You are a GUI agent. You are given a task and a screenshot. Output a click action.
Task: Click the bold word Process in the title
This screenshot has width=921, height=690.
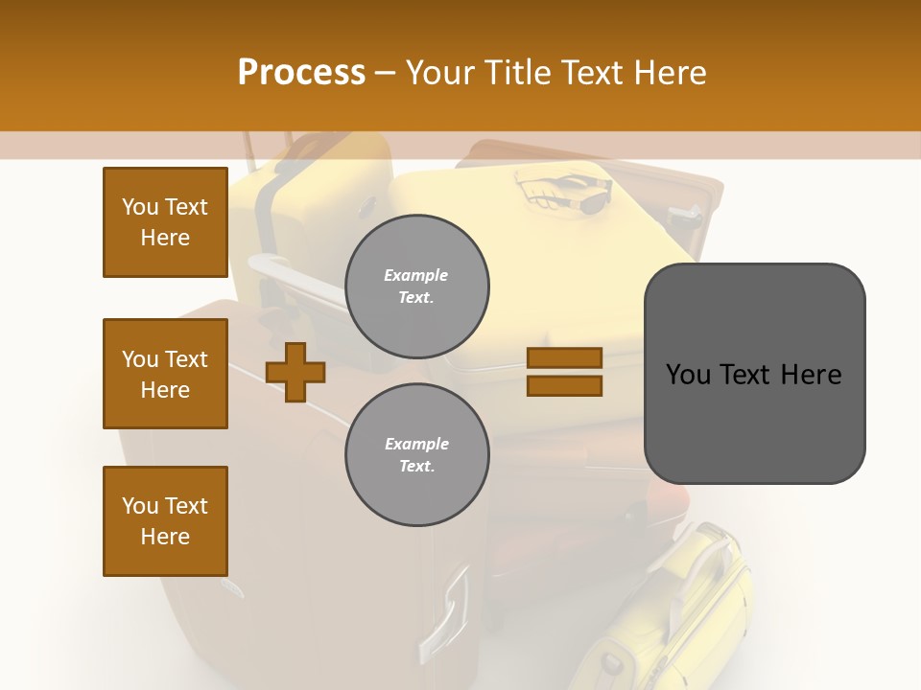point(301,73)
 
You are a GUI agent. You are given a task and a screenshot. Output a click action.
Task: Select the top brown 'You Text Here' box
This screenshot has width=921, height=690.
point(165,222)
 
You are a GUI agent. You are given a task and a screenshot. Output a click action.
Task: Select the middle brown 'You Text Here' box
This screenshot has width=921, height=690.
point(165,374)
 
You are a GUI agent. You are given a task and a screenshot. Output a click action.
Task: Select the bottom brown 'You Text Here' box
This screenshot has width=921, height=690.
point(165,521)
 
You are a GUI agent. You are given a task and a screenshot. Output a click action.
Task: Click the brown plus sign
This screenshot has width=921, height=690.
point(295,372)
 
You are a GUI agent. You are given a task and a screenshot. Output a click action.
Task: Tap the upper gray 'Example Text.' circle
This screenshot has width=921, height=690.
point(416,286)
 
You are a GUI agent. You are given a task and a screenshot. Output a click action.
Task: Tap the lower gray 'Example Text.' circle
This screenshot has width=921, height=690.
point(416,454)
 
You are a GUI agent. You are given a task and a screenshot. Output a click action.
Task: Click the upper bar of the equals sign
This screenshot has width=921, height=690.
point(564,357)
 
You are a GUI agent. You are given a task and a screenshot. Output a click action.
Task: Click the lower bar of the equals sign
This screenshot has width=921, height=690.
point(564,385)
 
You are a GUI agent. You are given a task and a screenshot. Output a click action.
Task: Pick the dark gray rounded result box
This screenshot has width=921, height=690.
point(754,374)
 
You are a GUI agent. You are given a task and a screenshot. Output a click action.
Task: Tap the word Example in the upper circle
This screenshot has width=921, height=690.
point(416,275)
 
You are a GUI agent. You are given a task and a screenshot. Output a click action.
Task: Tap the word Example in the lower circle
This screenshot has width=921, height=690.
point(416,444)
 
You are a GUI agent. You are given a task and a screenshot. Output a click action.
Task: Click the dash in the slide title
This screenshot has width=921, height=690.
point(386,73)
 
